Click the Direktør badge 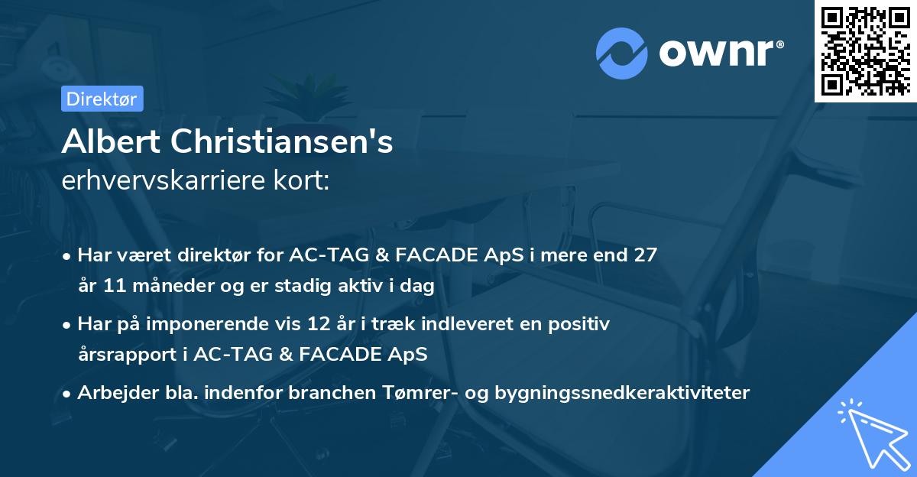102,99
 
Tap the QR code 865,51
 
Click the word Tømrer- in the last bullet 424,393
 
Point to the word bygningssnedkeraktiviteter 622,393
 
